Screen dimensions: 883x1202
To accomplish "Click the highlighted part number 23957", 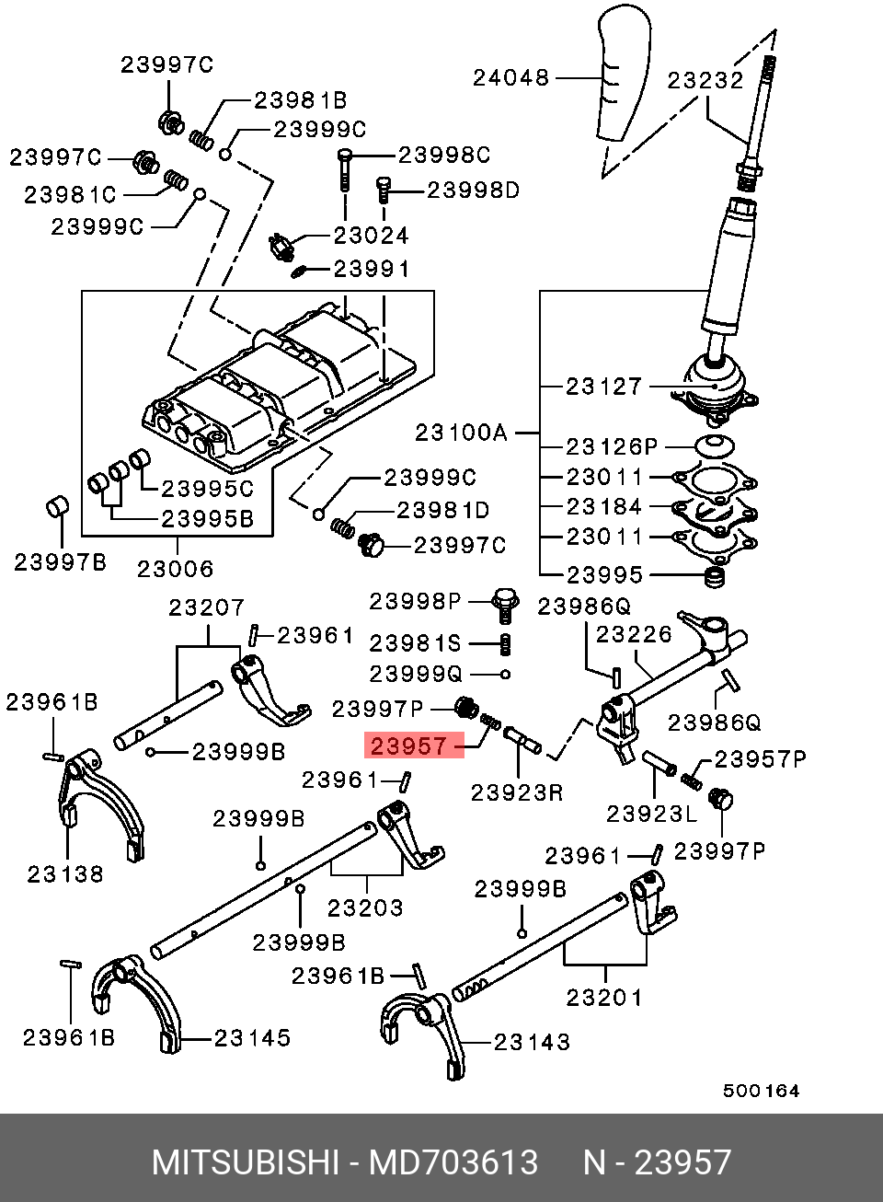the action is point(409,746).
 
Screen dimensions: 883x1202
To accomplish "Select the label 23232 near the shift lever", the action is point(705,80).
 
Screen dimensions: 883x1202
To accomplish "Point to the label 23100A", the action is point(461,433).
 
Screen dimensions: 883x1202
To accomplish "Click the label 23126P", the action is point(612,446).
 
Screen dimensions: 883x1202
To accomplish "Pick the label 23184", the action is point(604,506).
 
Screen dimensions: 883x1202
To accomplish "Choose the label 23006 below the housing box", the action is point(176,570).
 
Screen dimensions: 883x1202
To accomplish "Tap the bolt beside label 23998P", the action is point(504,605).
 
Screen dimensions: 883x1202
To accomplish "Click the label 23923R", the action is point(517,792).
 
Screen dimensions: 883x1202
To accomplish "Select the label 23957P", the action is point(761,759).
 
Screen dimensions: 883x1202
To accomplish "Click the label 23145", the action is point(252,1038).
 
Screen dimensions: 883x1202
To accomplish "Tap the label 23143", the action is point(532,1043).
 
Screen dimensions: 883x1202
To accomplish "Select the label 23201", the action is point(604,998).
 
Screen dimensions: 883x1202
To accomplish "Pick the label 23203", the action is point(365,908).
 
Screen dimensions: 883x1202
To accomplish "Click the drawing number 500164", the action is point(761,1091).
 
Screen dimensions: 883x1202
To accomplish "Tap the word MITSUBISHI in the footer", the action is point(246,1162).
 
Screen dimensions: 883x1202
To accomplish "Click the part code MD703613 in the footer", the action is point(453,1162).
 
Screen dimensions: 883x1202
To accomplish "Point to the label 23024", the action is point(371,236).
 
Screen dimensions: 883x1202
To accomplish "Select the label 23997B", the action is point(60,562).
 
